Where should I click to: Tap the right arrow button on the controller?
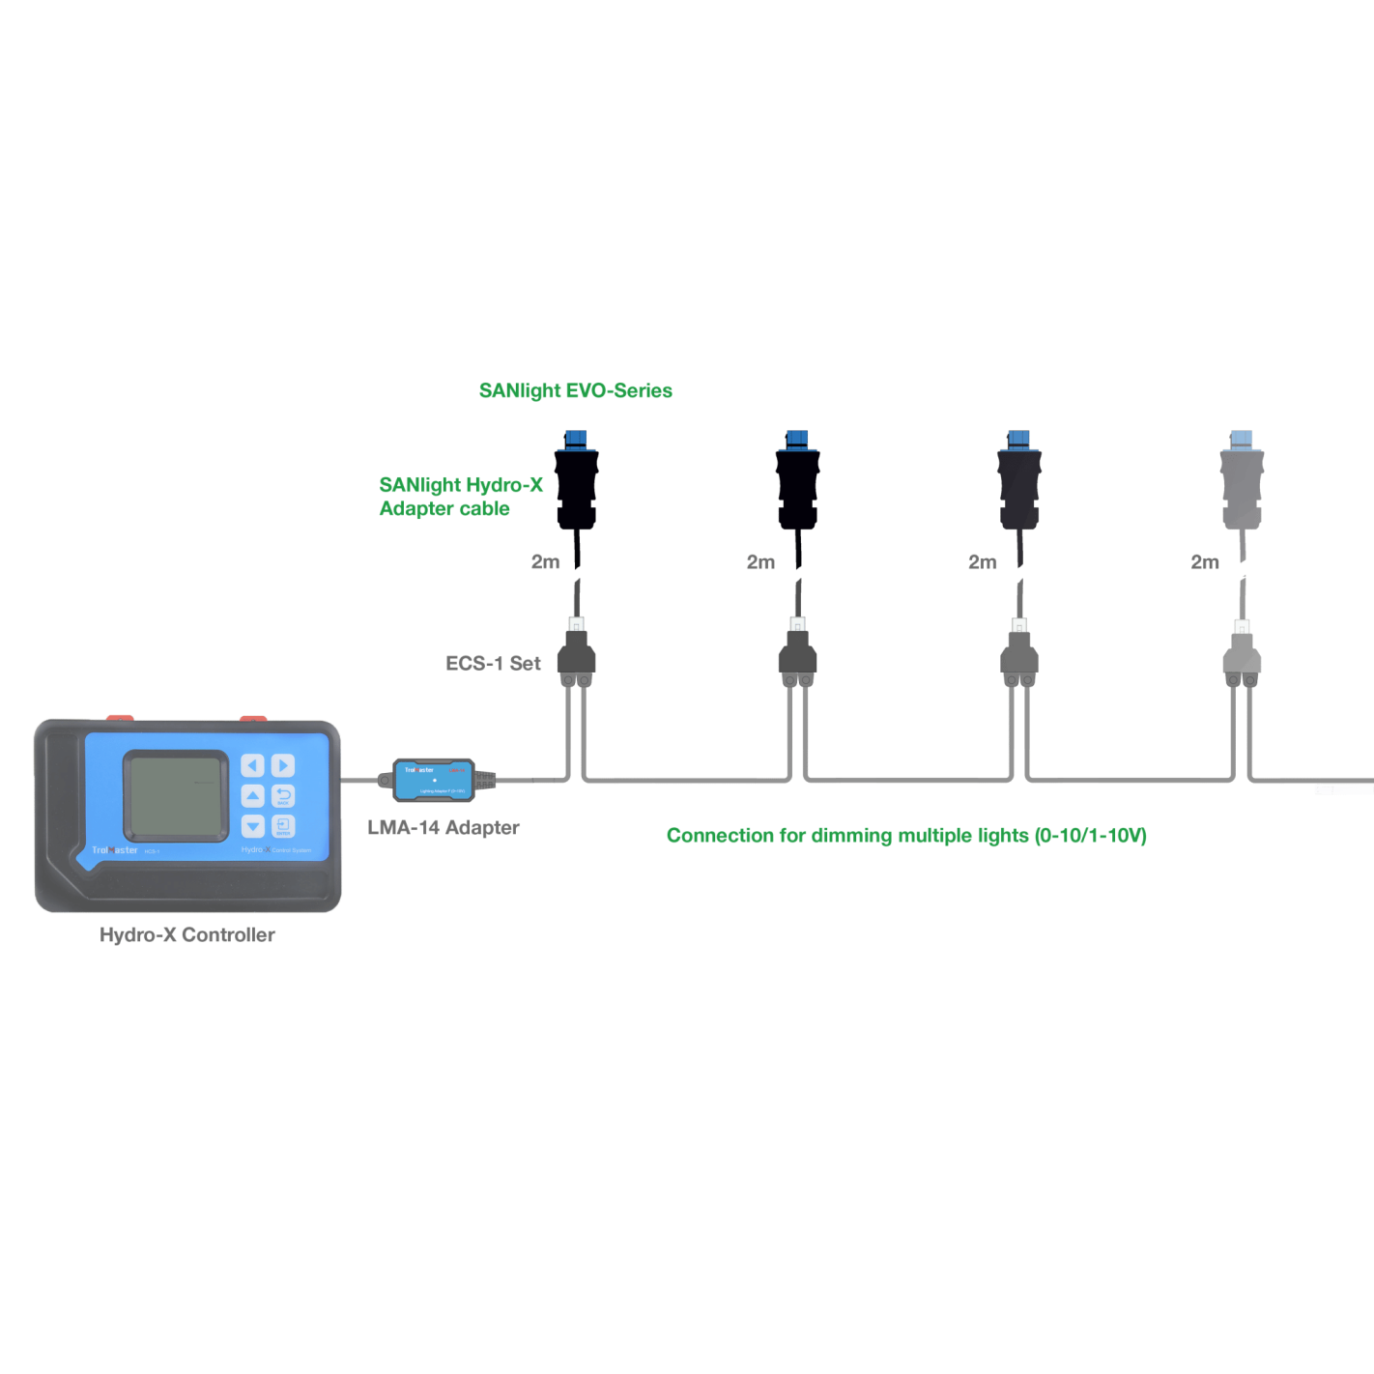283,765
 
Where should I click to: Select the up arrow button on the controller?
252,795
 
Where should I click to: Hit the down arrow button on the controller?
252,826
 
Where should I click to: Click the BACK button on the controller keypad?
283,795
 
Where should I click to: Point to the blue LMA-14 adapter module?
434,780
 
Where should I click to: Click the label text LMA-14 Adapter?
444,828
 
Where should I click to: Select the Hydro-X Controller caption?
187,935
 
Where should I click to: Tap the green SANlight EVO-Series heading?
575,391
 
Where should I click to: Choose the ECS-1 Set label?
493,664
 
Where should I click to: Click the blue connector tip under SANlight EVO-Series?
576,439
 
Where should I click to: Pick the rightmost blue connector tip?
1242,439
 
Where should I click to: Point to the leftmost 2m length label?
545,562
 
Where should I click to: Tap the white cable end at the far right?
1344,789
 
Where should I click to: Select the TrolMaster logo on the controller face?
115,850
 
